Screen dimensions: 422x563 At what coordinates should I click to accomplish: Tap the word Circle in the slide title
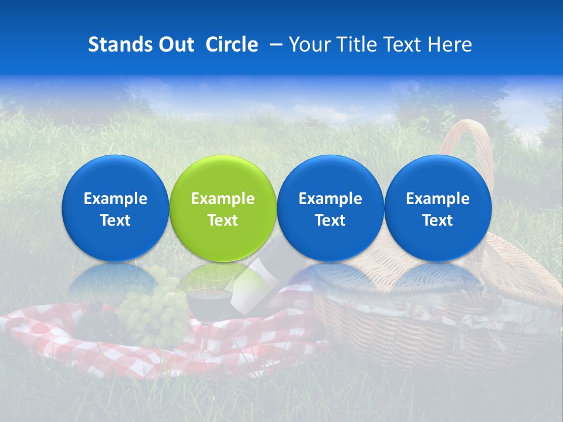232,45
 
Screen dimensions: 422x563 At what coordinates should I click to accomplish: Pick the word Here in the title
449,45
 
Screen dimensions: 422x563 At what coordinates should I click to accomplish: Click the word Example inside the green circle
223,199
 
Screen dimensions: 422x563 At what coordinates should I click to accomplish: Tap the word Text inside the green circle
223,220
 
